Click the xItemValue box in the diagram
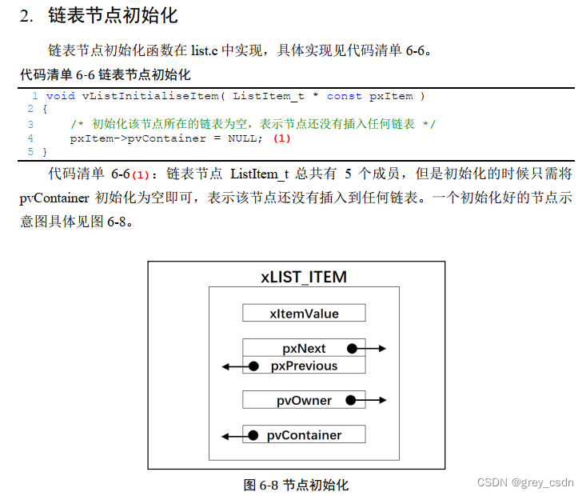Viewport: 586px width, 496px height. [304, 314]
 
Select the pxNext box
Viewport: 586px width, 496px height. [304, 349]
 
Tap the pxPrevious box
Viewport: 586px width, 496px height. [304, 366]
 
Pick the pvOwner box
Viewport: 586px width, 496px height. [304, 400]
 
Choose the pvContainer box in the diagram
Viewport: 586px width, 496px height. [304, 435]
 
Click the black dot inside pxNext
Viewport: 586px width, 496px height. [353, 349]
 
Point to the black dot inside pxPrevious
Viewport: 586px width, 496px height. [253, 366]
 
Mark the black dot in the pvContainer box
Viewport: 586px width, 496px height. [253, 435]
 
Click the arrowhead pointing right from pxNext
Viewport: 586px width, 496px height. [382, 349]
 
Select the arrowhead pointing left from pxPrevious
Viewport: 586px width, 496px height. [226, 366]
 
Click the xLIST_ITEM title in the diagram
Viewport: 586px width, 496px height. [304, 278]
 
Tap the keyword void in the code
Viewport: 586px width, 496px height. [61, 96]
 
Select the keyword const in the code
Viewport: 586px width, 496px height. [344, 96]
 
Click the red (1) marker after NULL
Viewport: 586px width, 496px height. [281, 138]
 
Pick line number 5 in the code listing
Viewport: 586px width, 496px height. [30, 151]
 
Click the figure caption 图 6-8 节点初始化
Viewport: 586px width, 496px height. [296, 485]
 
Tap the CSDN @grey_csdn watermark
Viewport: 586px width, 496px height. [525, 482]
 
